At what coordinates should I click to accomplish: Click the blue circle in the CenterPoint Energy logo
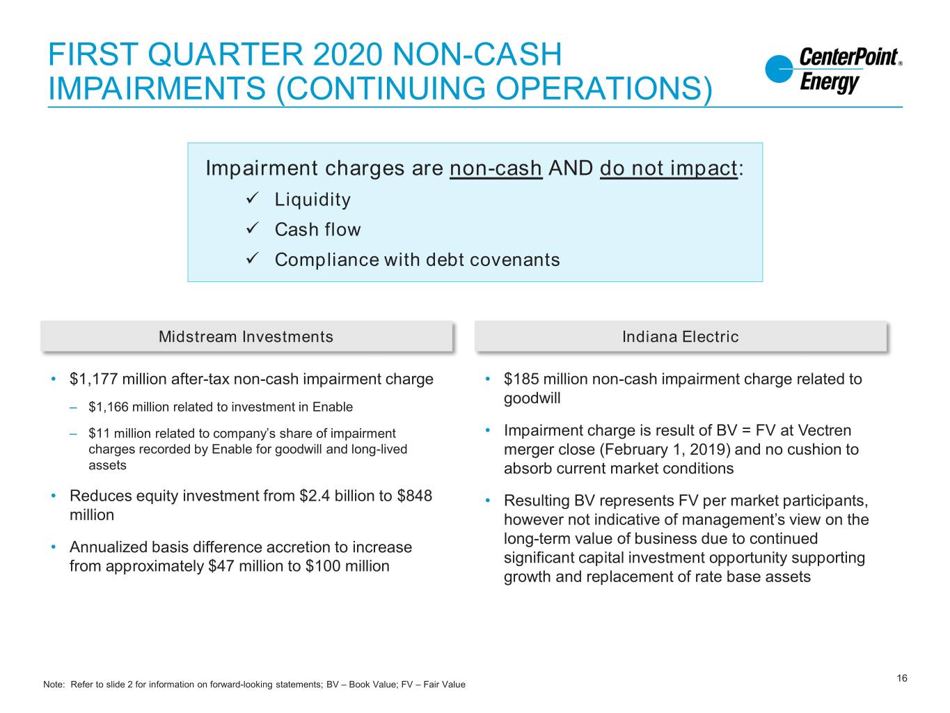778,69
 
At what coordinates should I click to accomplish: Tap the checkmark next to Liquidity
252,198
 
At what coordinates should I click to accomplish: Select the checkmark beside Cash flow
252,228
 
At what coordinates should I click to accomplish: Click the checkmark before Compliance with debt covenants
252,258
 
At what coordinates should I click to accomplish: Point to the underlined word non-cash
496,168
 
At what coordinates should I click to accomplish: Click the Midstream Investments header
246,336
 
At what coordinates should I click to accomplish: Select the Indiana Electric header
681,336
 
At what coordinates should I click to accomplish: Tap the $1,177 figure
93,379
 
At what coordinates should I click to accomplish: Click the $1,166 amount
109,407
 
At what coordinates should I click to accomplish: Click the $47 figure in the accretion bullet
221,566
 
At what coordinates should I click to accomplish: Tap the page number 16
901,678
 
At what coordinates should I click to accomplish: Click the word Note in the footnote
53,684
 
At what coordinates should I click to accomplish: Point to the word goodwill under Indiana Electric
532,398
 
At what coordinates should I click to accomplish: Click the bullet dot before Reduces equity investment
53,495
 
